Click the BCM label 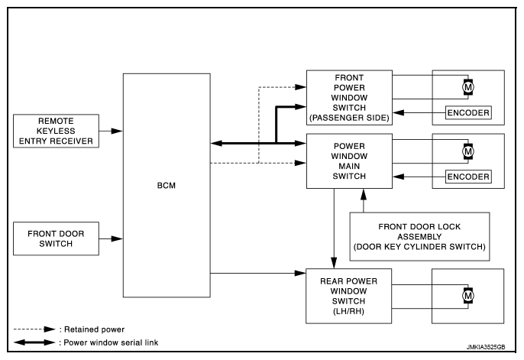pyautogui.click(x=166, y=186)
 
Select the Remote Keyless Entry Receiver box pyautogui.click(x=56, y=131)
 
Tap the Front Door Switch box pyautogui.click(x=56, y=238)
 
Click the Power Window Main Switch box pyautogui.click(x=349, y=161)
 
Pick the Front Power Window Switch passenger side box pyautogui.click(x=349, y=98)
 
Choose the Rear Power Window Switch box pyautogui.click(x=348, y=296)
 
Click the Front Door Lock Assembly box pyautogui.click(x=419, y=237)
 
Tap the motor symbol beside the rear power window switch pyautogui.click(x=467, y=296)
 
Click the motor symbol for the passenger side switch pyautogui.click(x=467, y=87)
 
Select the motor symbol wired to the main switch pyautogui.click(x=467, y=151)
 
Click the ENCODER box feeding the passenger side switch pyautogui.click(x=468, y=112)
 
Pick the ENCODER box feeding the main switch pyautogui.click(x=468, y=177)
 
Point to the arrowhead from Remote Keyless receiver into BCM pyautogui.click(x=117, y=131)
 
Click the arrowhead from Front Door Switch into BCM pyautogui.click(x=117, y=238)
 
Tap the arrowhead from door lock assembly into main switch pyautogui.click(x=364, y=195)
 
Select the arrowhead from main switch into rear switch pyautogui.click(x=334, y=263)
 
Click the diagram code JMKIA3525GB pyautogui.click(x=486, y=347)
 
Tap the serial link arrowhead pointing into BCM pyautogui.click(x=217, y=144)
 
